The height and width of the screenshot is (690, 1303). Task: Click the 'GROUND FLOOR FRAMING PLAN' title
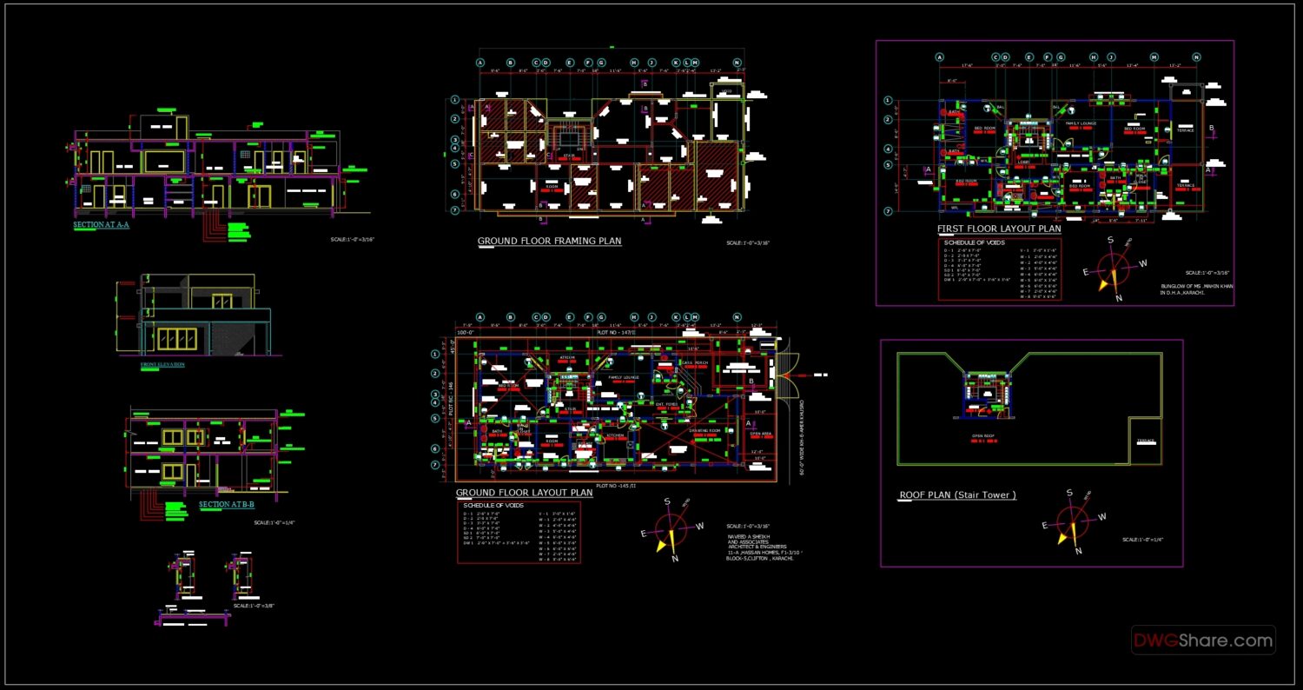tap(549, 241)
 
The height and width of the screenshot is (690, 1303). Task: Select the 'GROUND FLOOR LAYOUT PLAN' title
tap(524, 493)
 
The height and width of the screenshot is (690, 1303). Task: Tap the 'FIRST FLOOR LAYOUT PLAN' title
tap(999, 229)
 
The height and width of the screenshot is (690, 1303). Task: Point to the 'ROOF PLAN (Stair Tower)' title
tap(957, 495)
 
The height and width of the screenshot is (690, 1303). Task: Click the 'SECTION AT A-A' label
tap(101, 224)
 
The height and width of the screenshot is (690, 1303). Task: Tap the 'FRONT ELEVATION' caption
tap(162, 364)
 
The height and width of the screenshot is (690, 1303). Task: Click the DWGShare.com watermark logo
tap(1203, 640)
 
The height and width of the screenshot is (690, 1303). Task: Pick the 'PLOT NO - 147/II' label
tap(616, 332)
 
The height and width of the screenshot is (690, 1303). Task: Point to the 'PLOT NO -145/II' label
tap(616, 487)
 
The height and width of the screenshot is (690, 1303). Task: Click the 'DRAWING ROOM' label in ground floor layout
tap(704, 430)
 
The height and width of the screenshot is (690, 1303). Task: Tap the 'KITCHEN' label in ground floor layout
tap(615, 435)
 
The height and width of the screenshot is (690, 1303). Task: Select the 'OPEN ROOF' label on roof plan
tap(983, 436)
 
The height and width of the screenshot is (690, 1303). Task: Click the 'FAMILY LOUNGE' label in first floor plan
tap(1081, 123)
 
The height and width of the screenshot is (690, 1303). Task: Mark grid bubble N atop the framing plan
tap(737, 63)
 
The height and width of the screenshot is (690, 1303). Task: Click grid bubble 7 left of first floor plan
tap(888, 211)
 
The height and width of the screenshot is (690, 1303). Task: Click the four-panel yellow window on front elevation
tap(176, 339)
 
